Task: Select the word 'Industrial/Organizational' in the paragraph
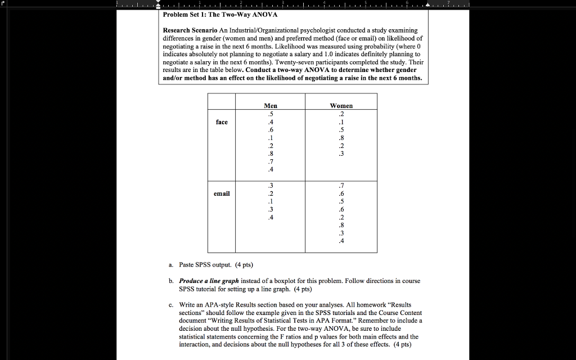tap(267, 30)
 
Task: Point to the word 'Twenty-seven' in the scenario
tap(332, 62)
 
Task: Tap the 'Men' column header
tap(271, 106)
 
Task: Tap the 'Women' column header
tap(341, 106)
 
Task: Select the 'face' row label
tap(222, 121)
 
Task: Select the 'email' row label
tap(222, 193)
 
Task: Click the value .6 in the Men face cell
tap(271, 129)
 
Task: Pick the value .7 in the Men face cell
tap(271, 161)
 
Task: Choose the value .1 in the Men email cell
tap(271, 202)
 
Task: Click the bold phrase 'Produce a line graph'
tap(209, 281)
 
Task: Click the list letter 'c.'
tap(170, 305)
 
